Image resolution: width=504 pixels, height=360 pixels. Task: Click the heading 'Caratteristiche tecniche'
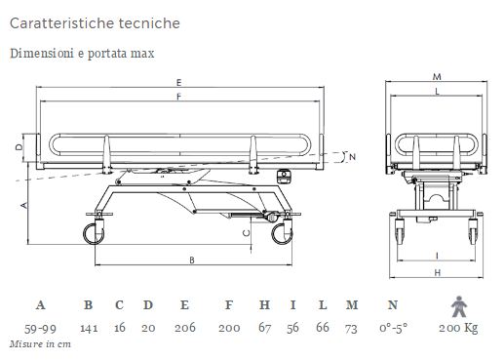96,20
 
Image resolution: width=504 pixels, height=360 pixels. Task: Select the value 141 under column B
89,328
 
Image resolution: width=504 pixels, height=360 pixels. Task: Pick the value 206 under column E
184,328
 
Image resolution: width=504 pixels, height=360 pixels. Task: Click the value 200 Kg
457,328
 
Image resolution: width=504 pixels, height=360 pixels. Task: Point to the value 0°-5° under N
393,328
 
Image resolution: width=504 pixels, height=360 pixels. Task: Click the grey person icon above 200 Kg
456,303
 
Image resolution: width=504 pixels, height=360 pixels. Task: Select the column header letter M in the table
351,304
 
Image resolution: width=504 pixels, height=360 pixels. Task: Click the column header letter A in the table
41,304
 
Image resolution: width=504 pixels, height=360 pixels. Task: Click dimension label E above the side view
179,80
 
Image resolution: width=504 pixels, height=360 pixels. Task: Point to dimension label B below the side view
192,260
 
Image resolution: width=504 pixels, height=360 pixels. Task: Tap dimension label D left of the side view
20,146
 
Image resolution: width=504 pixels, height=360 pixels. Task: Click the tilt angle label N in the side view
353,156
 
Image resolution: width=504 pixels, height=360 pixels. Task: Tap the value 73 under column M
351,328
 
